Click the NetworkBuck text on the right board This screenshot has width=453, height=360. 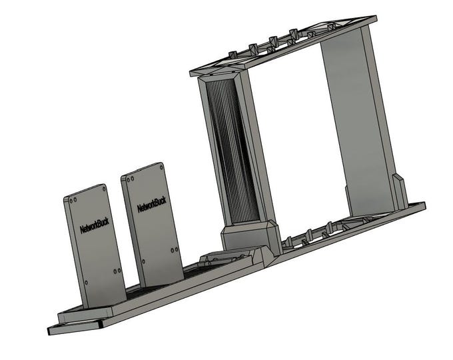[151, 204]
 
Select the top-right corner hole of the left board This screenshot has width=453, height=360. [103, 189]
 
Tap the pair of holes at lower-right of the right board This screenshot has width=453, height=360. [174, 250]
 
